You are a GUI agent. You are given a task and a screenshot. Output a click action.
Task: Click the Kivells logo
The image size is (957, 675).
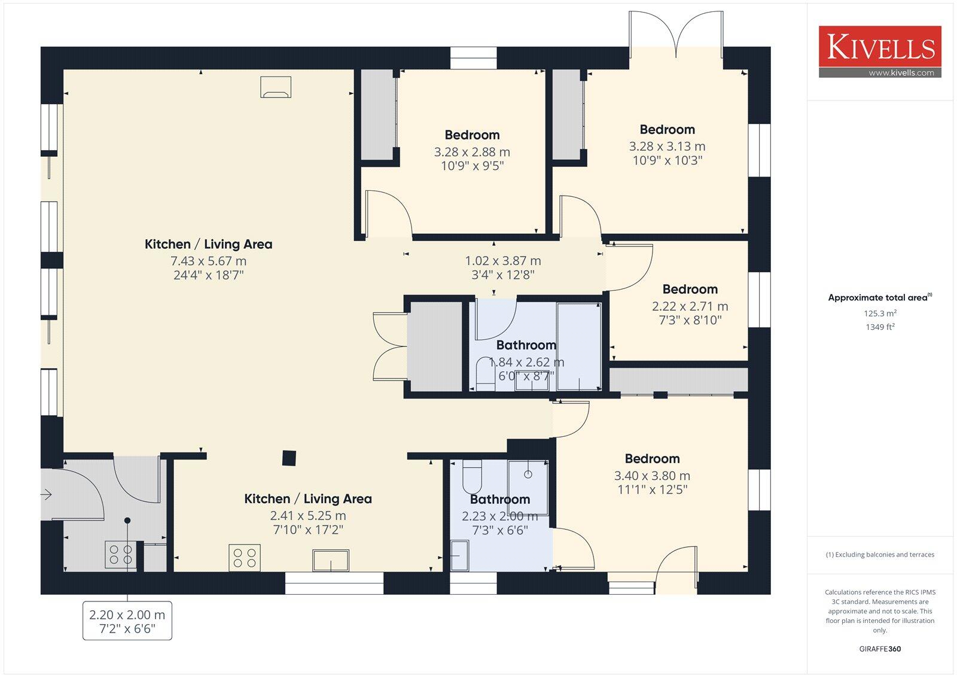pos(880,47)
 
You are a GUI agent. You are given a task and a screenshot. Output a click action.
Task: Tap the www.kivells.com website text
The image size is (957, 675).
pos(901,73)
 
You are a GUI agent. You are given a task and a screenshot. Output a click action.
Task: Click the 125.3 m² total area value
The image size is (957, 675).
pos(880,313)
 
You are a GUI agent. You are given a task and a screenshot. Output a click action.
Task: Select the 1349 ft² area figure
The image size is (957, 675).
pos(880,327)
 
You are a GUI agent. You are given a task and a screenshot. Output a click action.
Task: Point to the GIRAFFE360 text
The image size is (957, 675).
pos(880,649)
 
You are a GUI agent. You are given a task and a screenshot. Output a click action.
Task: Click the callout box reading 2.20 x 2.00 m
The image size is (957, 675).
pos(127,621)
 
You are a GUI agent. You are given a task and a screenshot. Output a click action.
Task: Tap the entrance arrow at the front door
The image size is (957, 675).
pos(47,495)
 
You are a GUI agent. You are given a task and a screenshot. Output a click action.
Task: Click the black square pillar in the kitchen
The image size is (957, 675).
pos(289,458)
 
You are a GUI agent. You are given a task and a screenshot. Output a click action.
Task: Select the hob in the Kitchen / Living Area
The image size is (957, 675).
pos(245,558)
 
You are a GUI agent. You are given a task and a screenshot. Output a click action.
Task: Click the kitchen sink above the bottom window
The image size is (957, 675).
pos(330,561)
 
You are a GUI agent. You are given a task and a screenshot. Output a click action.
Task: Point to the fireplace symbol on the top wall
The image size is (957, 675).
pos(276,87)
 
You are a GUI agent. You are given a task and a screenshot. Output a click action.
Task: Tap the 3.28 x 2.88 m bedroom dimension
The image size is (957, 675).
pos(472,152)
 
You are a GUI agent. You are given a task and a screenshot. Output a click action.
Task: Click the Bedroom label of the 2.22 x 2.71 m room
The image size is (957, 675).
pos(690,290)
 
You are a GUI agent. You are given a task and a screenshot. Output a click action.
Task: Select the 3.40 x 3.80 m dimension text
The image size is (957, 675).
pos(652,476)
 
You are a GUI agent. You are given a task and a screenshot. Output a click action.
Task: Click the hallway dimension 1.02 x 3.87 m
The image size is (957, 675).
pos(503,261)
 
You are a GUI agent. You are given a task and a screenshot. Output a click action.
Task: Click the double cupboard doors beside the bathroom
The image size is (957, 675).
pos(389,346)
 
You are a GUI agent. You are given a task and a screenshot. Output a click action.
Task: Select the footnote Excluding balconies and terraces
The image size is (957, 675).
pos(880,555)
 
